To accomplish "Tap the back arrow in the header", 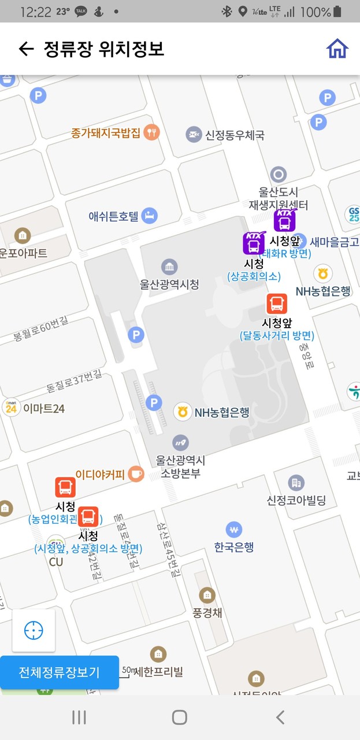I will pyautogui.click(x=26, y=49).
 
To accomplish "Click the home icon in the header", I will pyautogui.click(x=337, y=49).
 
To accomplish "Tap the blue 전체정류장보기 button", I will pyautogui.click(x=60, y=672).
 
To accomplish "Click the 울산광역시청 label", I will pyautogui.click(x=169, y=284).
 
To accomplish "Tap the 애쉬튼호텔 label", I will pyautogui.click(x=114, y=217).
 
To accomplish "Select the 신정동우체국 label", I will pyautogui.click(x=235, y=135).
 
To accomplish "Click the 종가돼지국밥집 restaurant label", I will pyautogui.click(x=106, y=133).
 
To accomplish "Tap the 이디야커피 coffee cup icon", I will pyautogui.click(x=136, y=474).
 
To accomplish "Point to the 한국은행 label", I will pyautogui.click(x=233, y=547).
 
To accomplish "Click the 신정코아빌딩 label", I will pyautogui.click(x=296, y=500).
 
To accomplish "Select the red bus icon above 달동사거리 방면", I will pyautogui.click(x=276, y=304).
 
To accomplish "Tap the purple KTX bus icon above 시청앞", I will pyautogui.click(x=284, y=220).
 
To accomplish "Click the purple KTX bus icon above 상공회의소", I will pyautogui.click(x=254, y=243).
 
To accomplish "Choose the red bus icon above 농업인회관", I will pyautogui.click(x=65, y=487).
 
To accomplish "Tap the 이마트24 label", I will pyautogui.click(x=43, y=409).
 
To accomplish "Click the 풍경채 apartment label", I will pyautogui.click(x=206, y=613).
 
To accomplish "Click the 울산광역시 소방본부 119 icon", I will pyautogui.click(x=180, y=443).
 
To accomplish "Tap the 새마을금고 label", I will pyautogui.click(x=334, y=242).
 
